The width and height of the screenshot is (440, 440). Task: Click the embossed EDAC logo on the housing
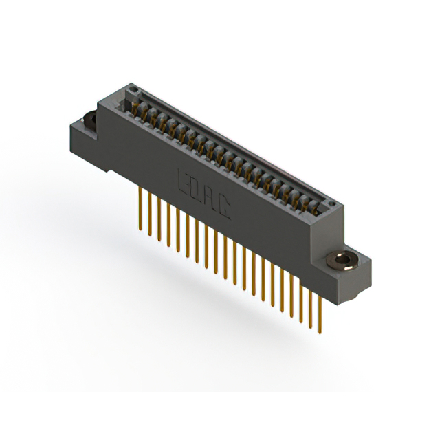coord(204,195)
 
